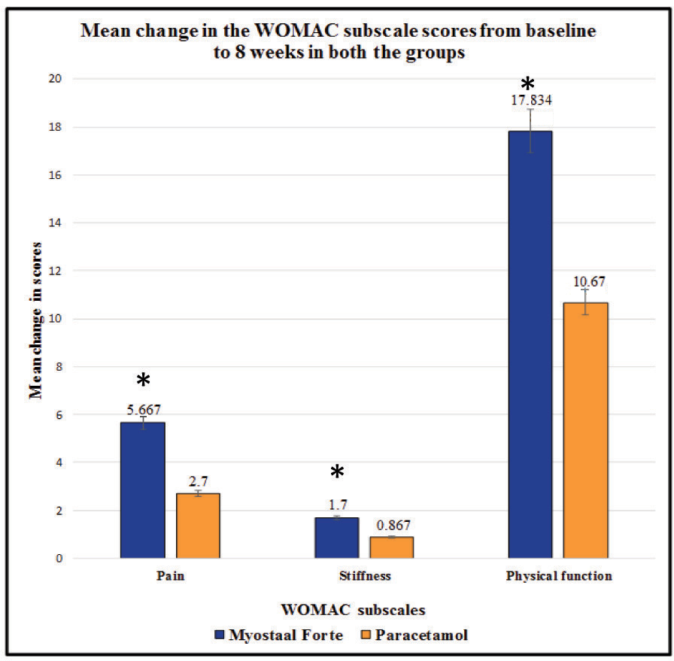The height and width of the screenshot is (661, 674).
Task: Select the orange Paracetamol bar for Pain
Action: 198,526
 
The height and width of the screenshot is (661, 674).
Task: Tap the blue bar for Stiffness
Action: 336,538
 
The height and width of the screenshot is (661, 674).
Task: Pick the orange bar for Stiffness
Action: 391,547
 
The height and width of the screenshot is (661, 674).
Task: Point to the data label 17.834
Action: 530,99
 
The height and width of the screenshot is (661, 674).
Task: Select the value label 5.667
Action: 142,410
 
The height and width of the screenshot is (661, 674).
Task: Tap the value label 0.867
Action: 392,526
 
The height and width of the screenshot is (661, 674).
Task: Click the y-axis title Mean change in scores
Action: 35,319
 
